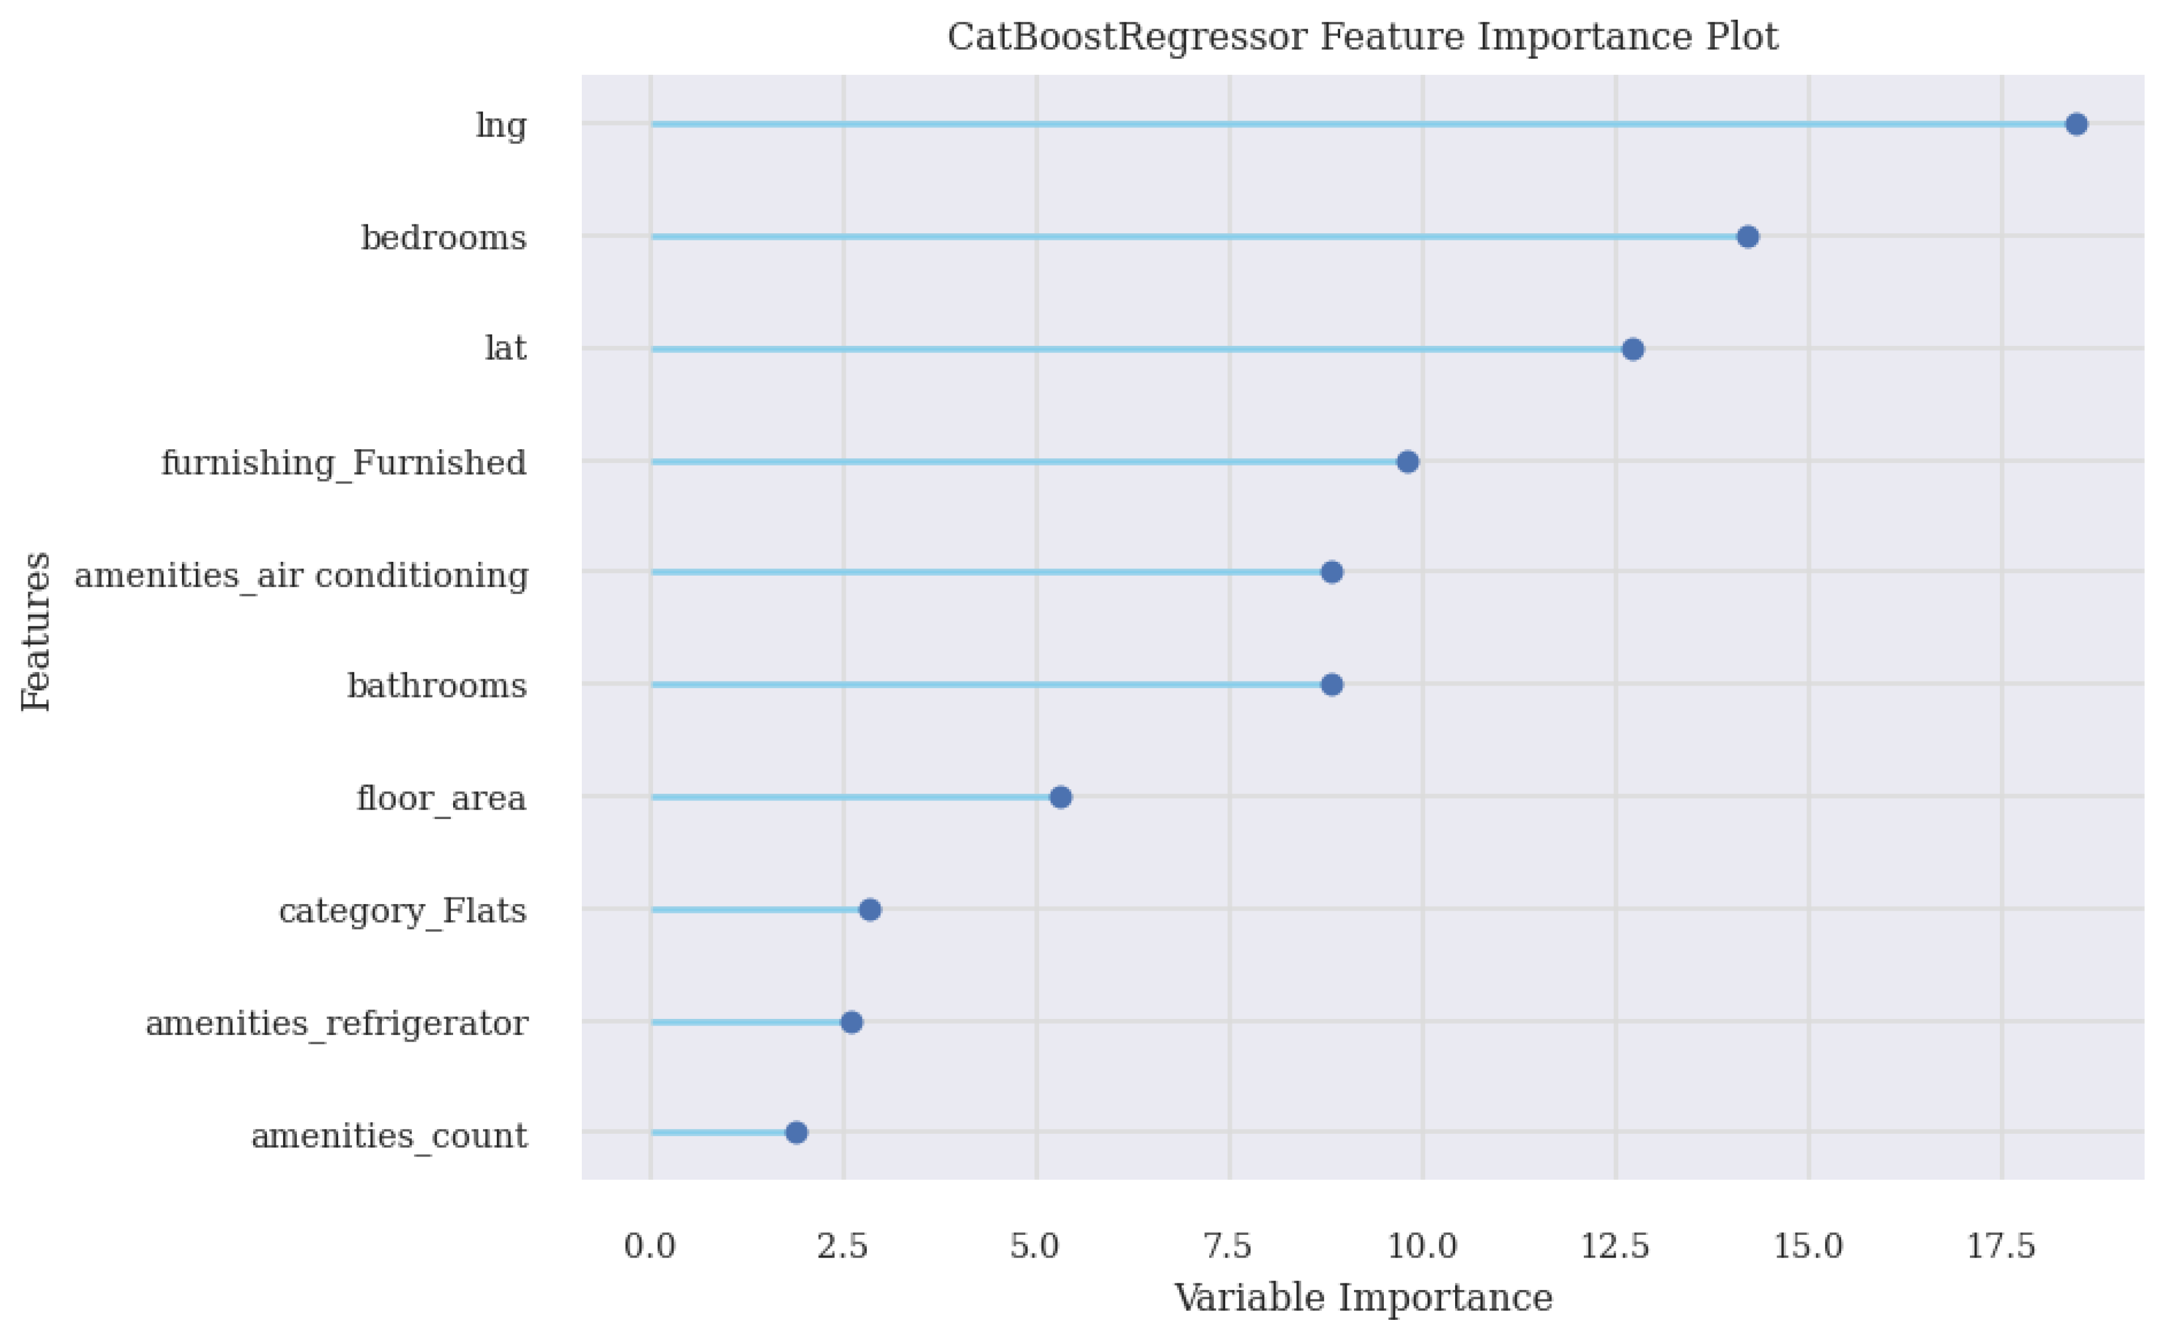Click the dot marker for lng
click(2076, 124)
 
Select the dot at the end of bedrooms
click(1747, 236)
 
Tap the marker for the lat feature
click(1633, 349)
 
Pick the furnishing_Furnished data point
click(1407, 461)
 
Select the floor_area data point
click(1061, 797)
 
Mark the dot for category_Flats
click(870, 909)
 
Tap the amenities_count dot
click(797, 1133)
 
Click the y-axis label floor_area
click(441, 799)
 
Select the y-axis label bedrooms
click(444, 238)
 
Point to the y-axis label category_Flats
click(403, 911)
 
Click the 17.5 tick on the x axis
click(2000, 1247)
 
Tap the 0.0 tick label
click(649, 1247)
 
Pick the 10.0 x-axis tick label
click(1422, 1247)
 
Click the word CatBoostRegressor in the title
click(1127, 37)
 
